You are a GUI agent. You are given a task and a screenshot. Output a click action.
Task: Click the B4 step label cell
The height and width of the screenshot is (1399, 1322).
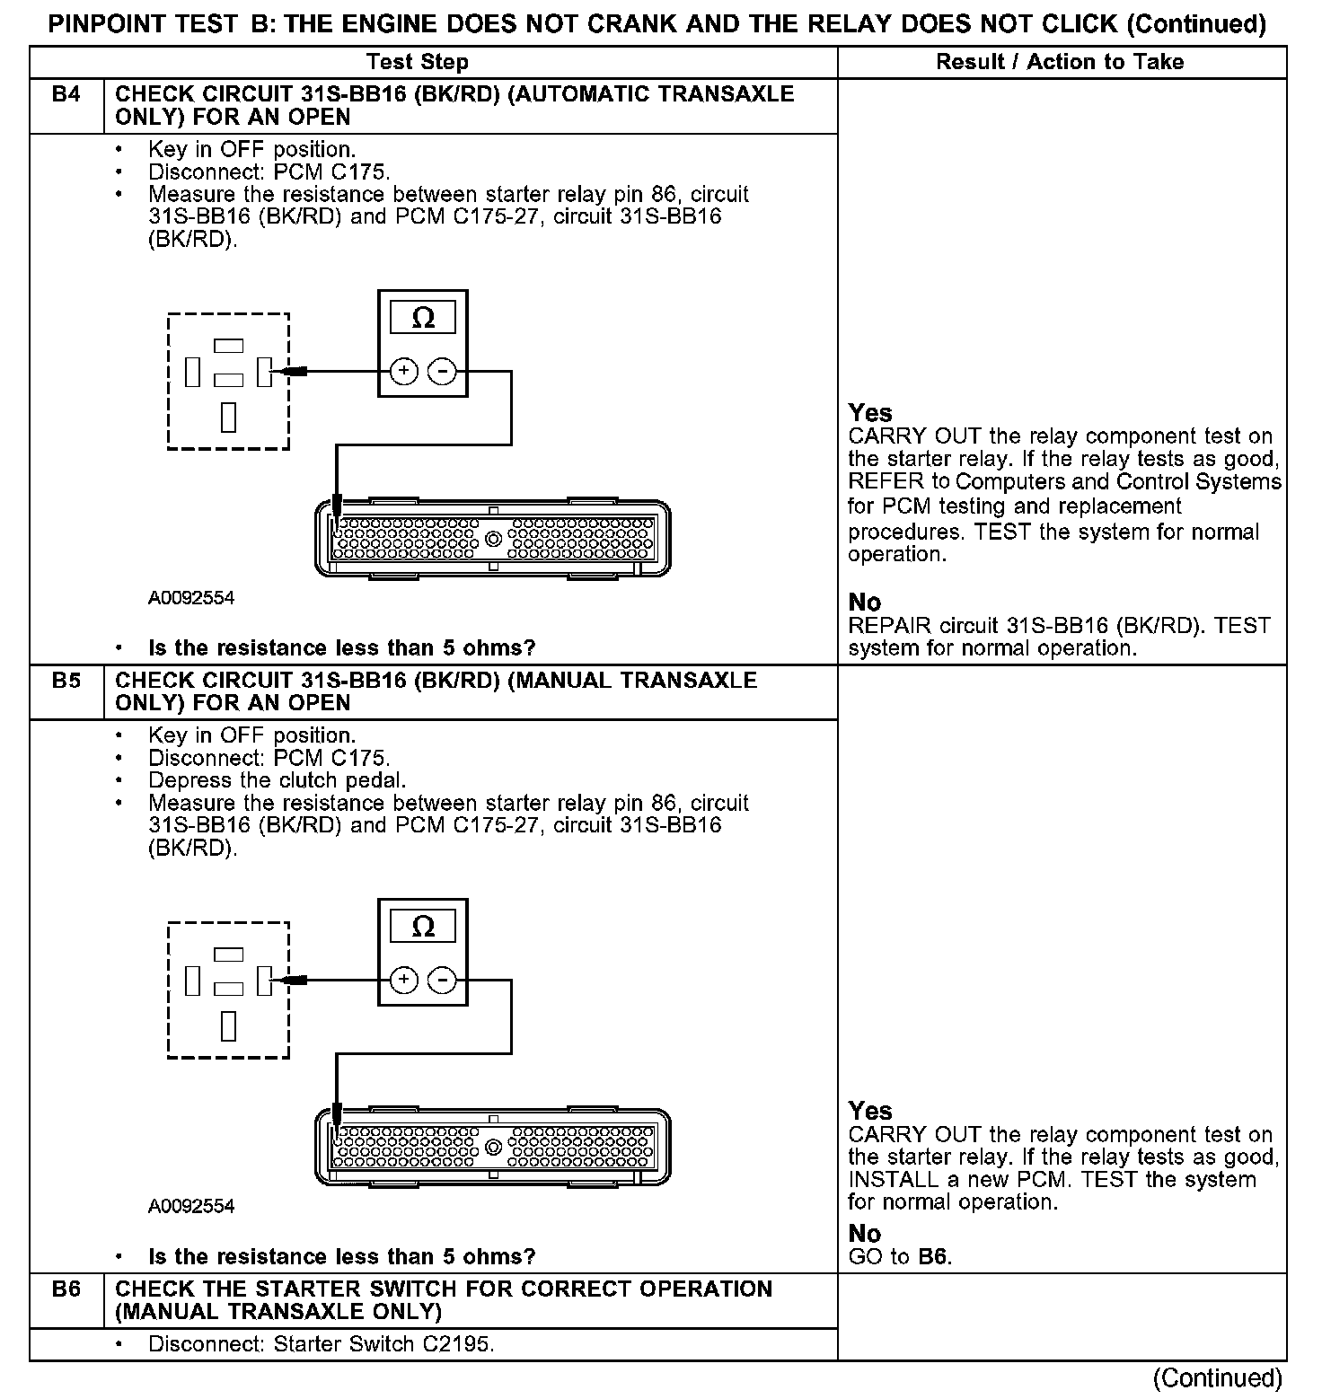click(x=66, y=95)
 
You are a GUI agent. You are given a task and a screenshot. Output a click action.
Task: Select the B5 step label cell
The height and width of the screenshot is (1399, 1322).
click(x=66, y=682)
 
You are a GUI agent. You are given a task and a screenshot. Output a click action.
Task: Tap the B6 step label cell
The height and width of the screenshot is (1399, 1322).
click(x=66, y=1289)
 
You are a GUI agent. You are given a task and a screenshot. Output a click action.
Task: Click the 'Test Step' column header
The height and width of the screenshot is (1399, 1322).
click(x=418, y=62)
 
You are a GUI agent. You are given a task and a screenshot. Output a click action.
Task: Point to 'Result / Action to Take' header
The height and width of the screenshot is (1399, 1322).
click(x=1060, y=62)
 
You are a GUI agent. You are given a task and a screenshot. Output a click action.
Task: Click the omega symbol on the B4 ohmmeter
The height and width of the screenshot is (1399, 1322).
click(x=422, y=318)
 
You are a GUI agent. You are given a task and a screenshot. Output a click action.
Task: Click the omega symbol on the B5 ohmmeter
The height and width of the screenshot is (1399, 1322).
click(x=422, y=927)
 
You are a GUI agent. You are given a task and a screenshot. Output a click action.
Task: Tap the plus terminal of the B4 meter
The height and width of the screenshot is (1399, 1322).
click(x=404, y=371)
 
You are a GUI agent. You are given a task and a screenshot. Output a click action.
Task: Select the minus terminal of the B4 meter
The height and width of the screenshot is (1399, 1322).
click(x=441, y=371)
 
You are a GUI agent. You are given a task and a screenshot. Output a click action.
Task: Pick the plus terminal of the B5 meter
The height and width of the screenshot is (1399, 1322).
click(x=404, y=980)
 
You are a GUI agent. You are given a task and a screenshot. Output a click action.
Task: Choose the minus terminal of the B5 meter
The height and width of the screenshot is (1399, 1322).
click(x=441, y=980)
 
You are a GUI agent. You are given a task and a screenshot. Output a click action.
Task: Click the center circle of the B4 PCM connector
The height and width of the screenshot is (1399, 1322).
click(x=492, y=540)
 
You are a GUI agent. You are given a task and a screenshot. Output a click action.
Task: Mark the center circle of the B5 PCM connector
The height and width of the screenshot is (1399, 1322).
click(x=492, y=1148)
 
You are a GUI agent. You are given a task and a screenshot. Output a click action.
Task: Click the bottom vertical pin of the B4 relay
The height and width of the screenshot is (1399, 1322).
click(x=228, y=418)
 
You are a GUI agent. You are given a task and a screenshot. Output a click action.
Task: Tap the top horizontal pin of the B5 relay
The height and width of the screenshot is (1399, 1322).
click(x=228, y=955)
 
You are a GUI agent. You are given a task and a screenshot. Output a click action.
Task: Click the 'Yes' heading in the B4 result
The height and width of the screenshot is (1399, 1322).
click(x=870, y=413)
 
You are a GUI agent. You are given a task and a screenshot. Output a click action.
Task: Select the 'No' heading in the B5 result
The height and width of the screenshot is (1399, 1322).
click(x=864, y=1234)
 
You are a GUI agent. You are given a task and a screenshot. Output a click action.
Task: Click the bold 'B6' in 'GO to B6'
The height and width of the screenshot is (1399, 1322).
click(x=933, y=1257)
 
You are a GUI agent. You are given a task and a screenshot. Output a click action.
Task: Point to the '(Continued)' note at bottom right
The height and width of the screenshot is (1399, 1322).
click(x=1218, y=1378)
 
